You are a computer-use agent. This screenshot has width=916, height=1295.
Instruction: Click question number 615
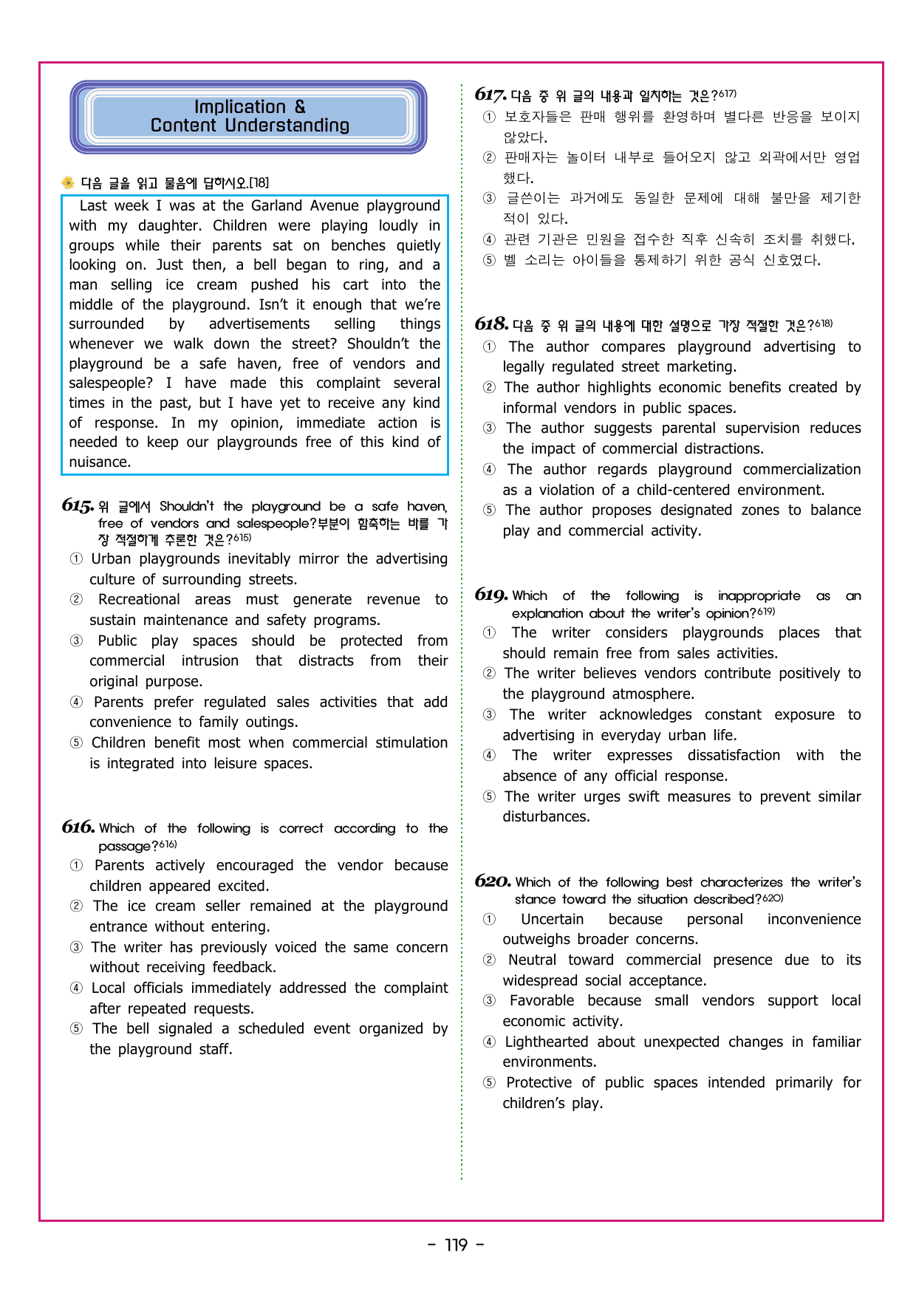point(78,506)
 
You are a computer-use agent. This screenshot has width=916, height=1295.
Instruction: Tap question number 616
point(78,827)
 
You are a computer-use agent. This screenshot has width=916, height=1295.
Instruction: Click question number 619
point(491,595)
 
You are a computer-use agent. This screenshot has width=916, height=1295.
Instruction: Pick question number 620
point(493,881)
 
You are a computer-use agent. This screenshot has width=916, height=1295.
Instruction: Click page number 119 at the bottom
point(457,1246)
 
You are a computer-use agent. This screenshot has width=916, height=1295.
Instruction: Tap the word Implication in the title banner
point(239,107)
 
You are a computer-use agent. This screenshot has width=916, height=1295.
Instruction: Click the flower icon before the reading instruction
point(68,182)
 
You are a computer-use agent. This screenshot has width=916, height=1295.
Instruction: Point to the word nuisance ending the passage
point(99,462)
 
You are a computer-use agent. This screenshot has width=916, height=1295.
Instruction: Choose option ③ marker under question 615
point(76,641)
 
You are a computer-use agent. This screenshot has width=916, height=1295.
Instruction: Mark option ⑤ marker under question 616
point(76,1029)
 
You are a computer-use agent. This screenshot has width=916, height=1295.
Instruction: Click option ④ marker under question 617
point(489,239)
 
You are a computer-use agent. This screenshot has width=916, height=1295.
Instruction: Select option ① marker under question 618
point(489,347)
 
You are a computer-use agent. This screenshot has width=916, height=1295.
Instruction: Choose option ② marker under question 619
point(489,674)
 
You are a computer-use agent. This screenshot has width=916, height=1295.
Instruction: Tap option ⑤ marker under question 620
point(489,1083)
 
